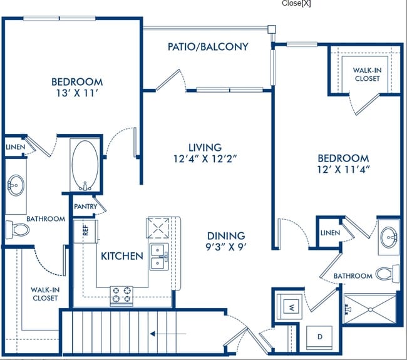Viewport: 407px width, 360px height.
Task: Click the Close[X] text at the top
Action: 296,3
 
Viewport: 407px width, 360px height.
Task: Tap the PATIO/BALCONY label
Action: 208,47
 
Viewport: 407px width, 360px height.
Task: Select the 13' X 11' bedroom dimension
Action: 77,93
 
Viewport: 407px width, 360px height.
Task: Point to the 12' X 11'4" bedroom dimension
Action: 343,170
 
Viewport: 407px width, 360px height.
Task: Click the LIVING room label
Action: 205,147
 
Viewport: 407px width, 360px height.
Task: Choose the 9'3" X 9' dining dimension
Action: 226,247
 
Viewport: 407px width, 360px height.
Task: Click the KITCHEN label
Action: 122,256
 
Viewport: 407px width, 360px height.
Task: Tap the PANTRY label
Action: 85,207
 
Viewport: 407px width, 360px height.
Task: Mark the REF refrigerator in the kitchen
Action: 85,231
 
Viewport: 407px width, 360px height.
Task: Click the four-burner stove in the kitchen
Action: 121,295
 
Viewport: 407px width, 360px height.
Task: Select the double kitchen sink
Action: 159,257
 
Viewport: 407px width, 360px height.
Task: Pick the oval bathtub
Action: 85,165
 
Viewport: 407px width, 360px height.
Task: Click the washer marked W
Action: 289,307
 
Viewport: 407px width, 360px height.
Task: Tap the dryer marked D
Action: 319,337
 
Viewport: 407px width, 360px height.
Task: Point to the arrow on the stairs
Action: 168,334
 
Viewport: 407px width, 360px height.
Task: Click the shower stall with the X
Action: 370,309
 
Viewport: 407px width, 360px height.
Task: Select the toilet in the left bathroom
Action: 18,230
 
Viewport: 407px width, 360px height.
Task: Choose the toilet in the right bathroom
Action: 388,274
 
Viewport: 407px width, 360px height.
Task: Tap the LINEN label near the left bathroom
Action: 16,147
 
